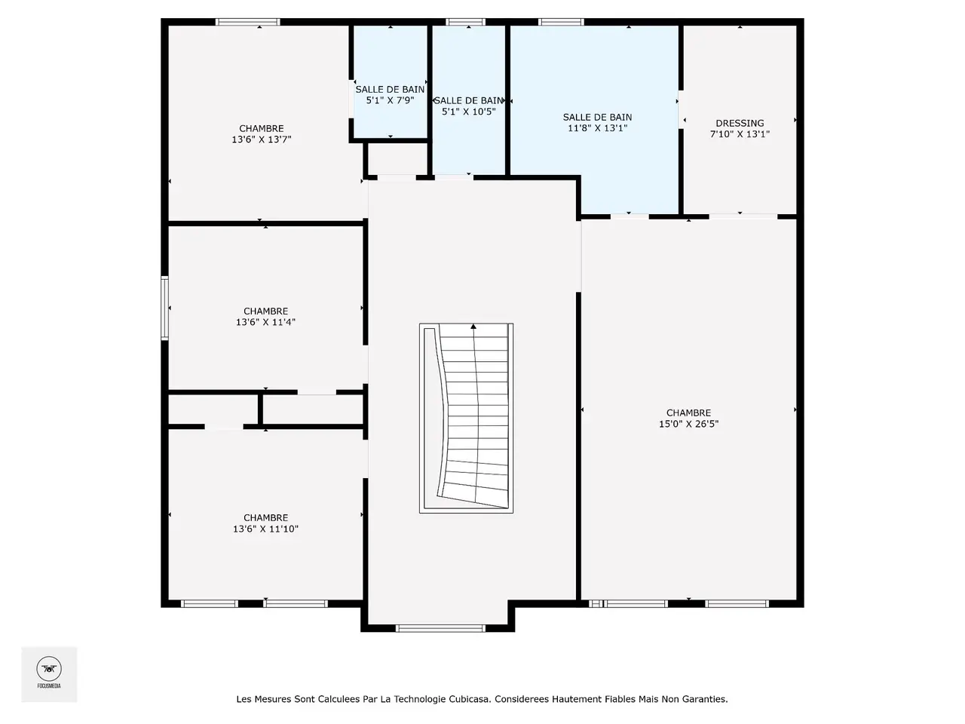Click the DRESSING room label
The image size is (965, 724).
[x=740, y=123]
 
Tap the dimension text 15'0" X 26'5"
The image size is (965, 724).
[x=688, y=424]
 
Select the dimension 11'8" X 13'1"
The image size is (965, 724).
[x=597, y=128]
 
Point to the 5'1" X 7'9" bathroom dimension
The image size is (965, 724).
[x=390, y=100]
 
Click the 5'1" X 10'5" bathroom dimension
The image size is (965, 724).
[x=469, y=112]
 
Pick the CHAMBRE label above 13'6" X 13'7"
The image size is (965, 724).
[x=261, y=128]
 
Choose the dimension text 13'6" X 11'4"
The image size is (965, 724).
[x=265, y=322]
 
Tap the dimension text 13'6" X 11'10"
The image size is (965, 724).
[x=265, y=529]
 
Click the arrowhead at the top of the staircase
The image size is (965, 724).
[x=473, y=326]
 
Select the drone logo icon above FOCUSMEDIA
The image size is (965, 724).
[x=49, y=669]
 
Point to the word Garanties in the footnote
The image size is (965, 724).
[x=705, y=699]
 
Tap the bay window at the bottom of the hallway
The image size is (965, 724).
[x=440, y=629]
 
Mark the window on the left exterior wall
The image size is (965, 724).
[x=165, y=308]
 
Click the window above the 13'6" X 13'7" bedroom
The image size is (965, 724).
[x=247, y=22]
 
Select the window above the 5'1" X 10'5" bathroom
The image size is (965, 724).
[x=466, y=22]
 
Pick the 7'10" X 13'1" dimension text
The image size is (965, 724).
[x=740, y=134]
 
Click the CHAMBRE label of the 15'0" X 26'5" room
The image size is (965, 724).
[x=688, y=413]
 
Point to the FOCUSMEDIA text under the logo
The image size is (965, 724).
[x=49, y=686]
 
